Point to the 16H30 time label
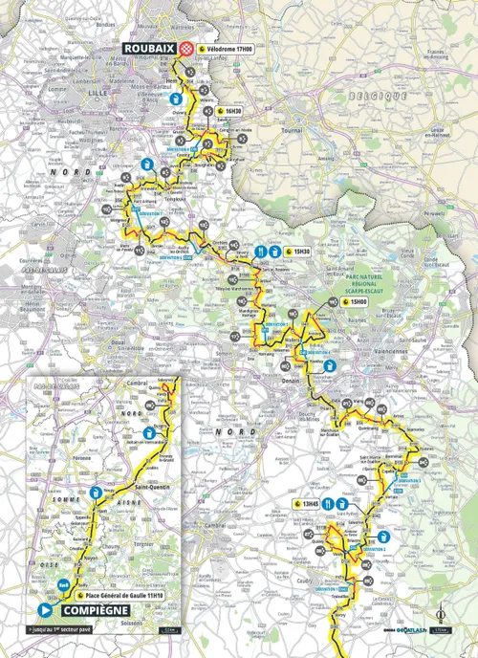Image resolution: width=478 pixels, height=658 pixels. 234,111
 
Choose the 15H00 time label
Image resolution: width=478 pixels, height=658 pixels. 358,301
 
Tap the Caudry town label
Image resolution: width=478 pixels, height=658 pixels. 304,577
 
